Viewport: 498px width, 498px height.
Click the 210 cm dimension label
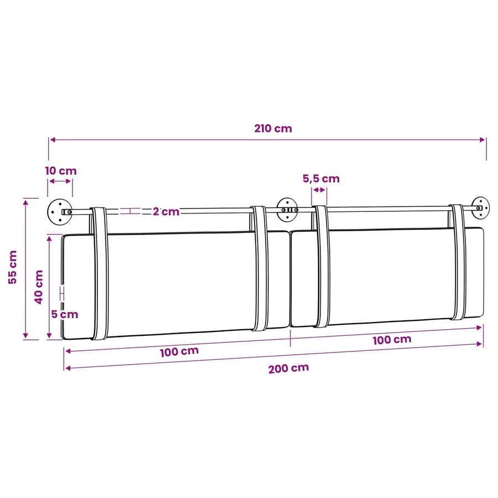click(x=273, y=128)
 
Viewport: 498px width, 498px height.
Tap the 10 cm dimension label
click(x=61, y=171)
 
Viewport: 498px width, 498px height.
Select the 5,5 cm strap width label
click(x=321, y=179)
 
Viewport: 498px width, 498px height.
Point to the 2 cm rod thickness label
click(x=166, y=211)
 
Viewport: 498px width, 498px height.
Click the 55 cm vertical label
click(x=12, y=267)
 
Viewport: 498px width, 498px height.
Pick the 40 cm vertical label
click(x=38, y=287)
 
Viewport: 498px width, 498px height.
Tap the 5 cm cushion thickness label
click(x=65, y=314)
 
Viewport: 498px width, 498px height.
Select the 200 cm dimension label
click(x=288, y=368)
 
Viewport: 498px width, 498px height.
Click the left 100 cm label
click(x=179, y=351)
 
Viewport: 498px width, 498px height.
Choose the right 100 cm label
click(x=392, y=340)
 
